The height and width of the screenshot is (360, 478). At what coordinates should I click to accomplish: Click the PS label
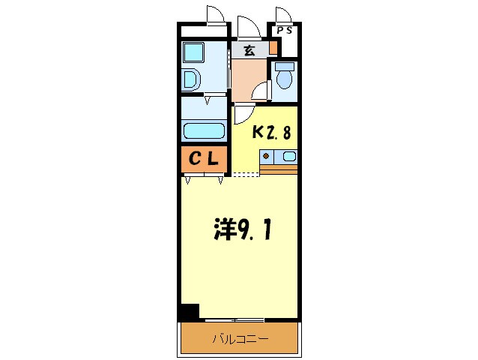pos(285,31)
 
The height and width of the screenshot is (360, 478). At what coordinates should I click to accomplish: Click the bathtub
pos(204,130)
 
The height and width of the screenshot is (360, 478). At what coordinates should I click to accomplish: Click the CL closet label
pos(203,158)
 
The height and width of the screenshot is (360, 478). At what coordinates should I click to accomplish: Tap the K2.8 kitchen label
pos(270,133)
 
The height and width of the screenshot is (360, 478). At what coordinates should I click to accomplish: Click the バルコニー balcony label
pos(240,339)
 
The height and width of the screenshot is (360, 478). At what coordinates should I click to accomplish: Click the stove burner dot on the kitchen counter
pos(265,157)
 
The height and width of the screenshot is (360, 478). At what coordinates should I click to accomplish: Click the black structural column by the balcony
pos(189,311)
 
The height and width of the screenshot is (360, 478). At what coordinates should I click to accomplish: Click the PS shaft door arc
pos(282,15)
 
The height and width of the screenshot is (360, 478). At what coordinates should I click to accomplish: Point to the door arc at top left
pos(214,15)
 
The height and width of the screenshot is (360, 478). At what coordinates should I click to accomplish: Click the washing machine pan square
pos(195,52)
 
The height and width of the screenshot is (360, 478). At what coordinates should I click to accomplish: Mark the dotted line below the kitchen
pos(245,175)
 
